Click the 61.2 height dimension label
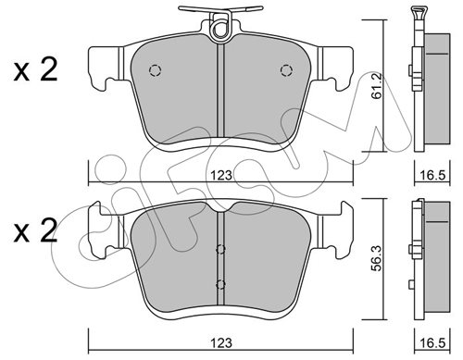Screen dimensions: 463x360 pos(377,86)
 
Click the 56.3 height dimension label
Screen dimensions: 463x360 pos(377,258)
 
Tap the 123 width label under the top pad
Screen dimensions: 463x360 pos(221,175)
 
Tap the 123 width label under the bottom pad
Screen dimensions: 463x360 pos(221,342)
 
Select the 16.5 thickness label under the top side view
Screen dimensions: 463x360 pos(432,175)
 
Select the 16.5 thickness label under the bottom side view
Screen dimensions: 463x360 pos(432,342)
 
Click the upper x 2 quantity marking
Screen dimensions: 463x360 pos(35,70)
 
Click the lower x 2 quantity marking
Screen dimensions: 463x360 pos(35,230)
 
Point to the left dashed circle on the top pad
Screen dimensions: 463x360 pos(155,70)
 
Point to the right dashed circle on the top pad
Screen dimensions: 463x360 pos(286,70)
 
